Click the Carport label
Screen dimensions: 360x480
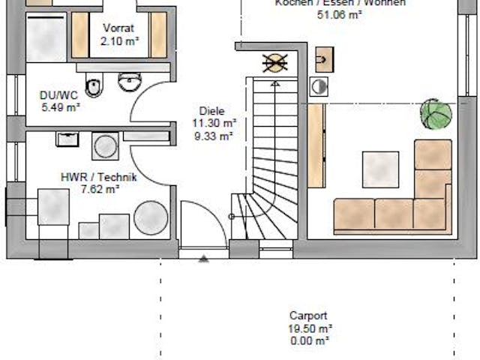click(x=308, y=316)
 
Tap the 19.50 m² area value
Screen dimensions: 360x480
click(x=309, y=328)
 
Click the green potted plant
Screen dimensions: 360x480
click(x=436, y=115)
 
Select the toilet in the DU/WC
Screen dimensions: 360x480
click(x=94, y=87)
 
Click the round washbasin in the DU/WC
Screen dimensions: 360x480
click(x=130, y=80)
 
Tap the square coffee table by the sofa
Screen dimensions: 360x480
click(x=380, y=169)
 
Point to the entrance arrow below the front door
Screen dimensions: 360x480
click(x=203, y=259)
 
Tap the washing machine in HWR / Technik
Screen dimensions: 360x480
click(x=104, y=146)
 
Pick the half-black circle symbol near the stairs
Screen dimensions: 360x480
click(x=319, y=87)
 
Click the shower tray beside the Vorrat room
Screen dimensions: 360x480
click(x=46, y=37)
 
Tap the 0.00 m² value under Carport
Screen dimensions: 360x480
click(x=309, y=340)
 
